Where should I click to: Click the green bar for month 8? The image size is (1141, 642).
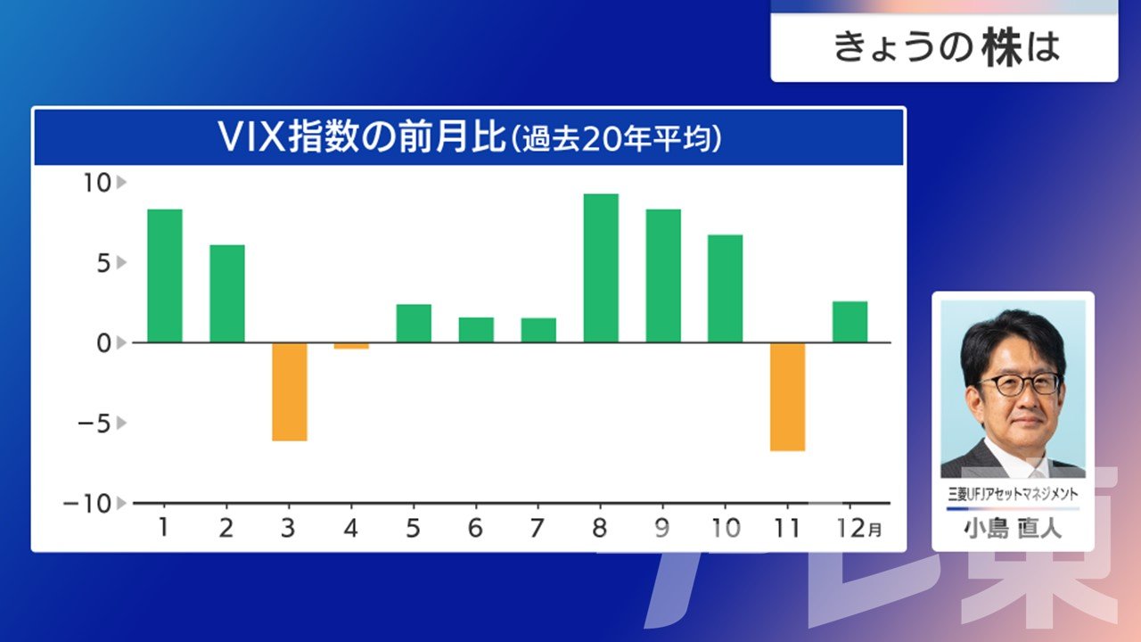pyautogui.click(x=601, y=268)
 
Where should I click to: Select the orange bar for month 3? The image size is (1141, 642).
pyautogui.click(x=290, y=391)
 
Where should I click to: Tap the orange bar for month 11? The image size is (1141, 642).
pyautogui.click(x=787, y=397)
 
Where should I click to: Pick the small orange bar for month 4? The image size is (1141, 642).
pyautogui.click(x=351, y=346)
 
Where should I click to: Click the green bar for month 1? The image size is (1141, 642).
pyautogui.click(x=165, y=276)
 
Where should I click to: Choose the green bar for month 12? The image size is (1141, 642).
pyautogui.click(x=850, y=322)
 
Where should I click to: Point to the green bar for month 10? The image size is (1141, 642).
pyautogui.click(x=726, y=288)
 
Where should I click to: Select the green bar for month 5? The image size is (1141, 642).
pyautogui.click(x=414, y=323)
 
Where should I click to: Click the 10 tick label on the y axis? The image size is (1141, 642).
pyautogui.click(x=97, y=183)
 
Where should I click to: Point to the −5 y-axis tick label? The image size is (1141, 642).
pyautogui.click(x=94, y=424)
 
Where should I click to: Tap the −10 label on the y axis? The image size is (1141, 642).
pyautogui.click(x=87, y=504)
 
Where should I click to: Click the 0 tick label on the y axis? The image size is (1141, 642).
pyautogui.click(x=104, y=344)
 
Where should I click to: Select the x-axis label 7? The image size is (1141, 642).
pyautogui.click(x=538, y=528)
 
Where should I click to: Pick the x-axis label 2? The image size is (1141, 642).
pyautogui.click(x=226, y=528)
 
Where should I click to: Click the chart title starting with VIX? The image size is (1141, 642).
pyautogui.click(x=469, y=136)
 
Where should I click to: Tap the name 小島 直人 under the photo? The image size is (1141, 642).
pyautogui.click(x=1013, y=529)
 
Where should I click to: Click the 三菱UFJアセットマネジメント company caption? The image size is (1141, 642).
pyautogui.click(x=1013, y=494)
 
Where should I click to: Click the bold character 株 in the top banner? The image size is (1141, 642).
pyautogui.click(x=1003, y=47)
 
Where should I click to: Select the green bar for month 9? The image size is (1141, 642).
pyautogui.click(x=663, y=276)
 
